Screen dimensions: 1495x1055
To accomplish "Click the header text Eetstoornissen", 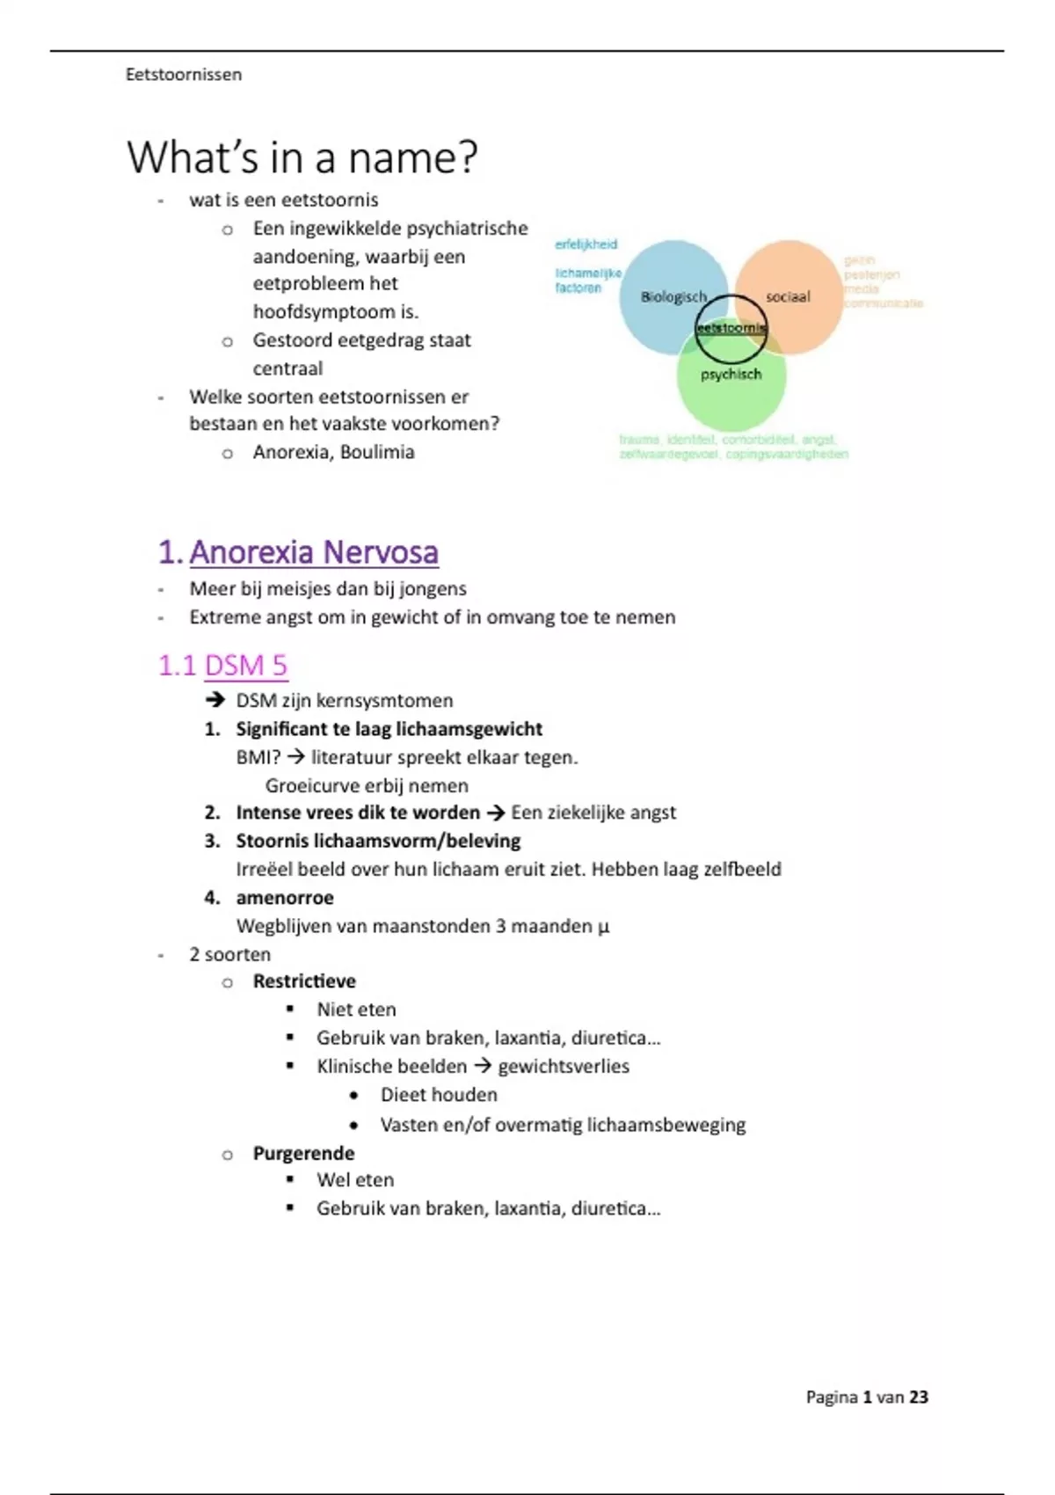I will [184, 75].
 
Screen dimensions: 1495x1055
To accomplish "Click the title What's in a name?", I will [302, 157].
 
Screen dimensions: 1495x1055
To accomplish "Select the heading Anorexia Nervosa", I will [314, 552].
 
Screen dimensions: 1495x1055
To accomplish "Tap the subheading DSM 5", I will [245, 666].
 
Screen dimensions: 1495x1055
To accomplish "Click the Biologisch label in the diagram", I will [673, 297].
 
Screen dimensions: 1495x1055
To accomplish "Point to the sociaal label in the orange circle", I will [788, 297].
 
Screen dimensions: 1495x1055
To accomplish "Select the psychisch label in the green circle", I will [731, 375].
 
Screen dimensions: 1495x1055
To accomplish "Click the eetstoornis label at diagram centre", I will [731, 328].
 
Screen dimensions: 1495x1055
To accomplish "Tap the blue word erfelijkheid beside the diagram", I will [586, 244].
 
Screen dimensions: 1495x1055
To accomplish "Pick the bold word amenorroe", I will [285, 898].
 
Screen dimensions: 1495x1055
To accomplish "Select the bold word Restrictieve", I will [304, 981].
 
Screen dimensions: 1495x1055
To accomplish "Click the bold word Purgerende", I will [303, 1153].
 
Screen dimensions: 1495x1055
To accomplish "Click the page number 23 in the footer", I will [919, 1397].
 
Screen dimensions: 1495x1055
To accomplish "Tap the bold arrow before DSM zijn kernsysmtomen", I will [215, 701].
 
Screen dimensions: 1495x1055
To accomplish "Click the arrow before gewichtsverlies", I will [483, 1067].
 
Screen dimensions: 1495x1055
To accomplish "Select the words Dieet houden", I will [439, 1095].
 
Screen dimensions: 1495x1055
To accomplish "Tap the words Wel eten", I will [355, 1180].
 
